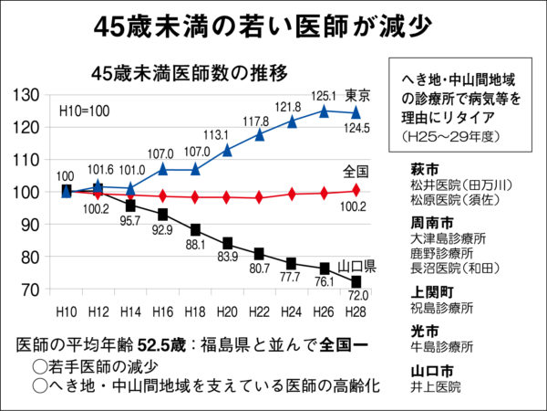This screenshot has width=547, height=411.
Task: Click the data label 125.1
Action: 325,95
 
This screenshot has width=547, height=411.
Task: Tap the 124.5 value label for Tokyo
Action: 356,127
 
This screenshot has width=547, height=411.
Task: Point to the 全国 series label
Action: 356,171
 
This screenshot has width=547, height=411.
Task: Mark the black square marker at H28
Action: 354,283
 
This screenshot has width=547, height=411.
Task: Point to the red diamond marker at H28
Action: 354,190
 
